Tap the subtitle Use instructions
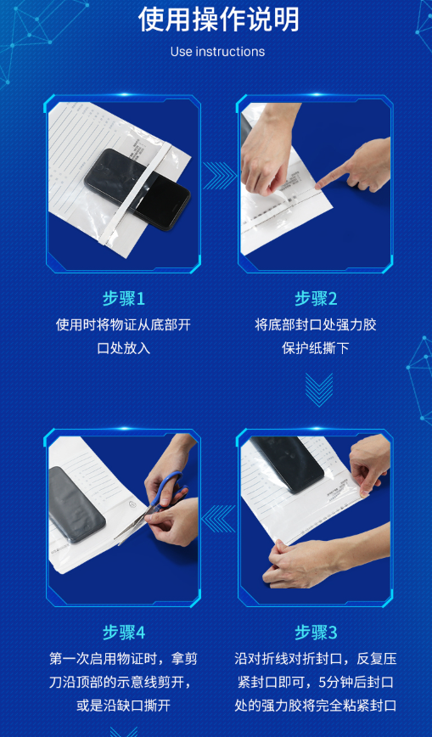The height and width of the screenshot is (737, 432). coord(217,52)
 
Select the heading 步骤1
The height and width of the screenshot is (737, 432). coord(124,299)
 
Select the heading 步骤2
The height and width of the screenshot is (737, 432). coord(316,299)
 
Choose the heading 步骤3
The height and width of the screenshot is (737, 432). coord(316,633)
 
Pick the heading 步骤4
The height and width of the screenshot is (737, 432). coord(124,633)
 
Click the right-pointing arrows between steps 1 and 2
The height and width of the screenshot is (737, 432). coord(220,176)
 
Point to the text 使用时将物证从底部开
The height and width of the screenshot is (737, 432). coord(124,325)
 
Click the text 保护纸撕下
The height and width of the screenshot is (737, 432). coord(316,348)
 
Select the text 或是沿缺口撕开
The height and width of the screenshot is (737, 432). coord(124,705)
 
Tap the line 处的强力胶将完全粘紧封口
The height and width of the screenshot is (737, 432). coord(316,705)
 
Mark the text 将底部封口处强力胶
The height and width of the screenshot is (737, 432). coord(316,325)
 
